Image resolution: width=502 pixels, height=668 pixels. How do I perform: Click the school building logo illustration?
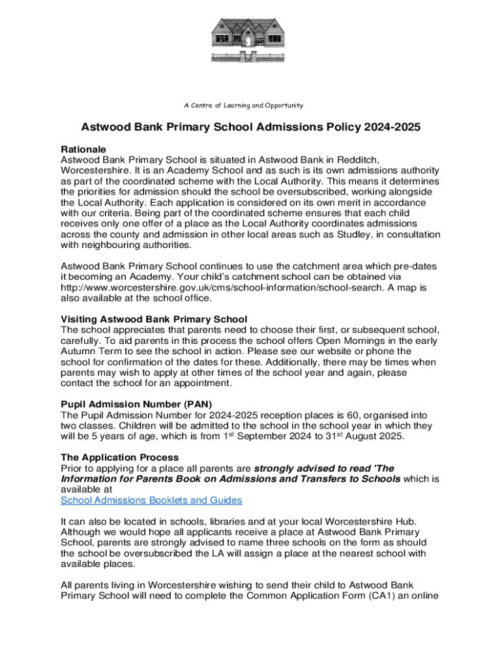251,45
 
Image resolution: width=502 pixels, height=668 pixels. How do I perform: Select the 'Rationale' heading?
83,149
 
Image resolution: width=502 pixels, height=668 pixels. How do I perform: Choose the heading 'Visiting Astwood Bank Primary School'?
154,319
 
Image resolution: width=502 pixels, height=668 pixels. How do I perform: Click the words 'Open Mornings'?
347,341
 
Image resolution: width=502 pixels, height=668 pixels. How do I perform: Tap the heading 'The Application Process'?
119,457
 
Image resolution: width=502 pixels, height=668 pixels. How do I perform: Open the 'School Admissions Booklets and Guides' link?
151,500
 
